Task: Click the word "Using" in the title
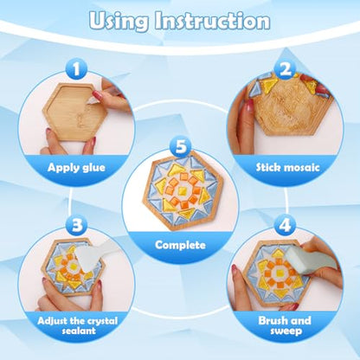[x=119, y=22]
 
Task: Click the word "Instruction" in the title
[x=212, y=21]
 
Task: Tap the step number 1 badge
[x=76, y=69]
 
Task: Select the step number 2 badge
[x=285, y=69]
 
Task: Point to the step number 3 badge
[x=76, y=225]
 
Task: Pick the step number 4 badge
[x=285, y=225]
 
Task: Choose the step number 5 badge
[x=181, y=146]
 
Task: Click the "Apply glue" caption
[x=76, y=168]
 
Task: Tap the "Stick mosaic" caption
[x=288, y=168]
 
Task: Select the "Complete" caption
[x=180, y=245]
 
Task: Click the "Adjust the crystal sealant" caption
[x=78, y=325]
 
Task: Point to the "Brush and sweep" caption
[x=285, y=325]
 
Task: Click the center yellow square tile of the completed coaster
[x=182, y=190]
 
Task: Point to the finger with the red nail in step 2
[x=245, y=121]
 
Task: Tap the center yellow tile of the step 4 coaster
[x=279, y=273]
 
